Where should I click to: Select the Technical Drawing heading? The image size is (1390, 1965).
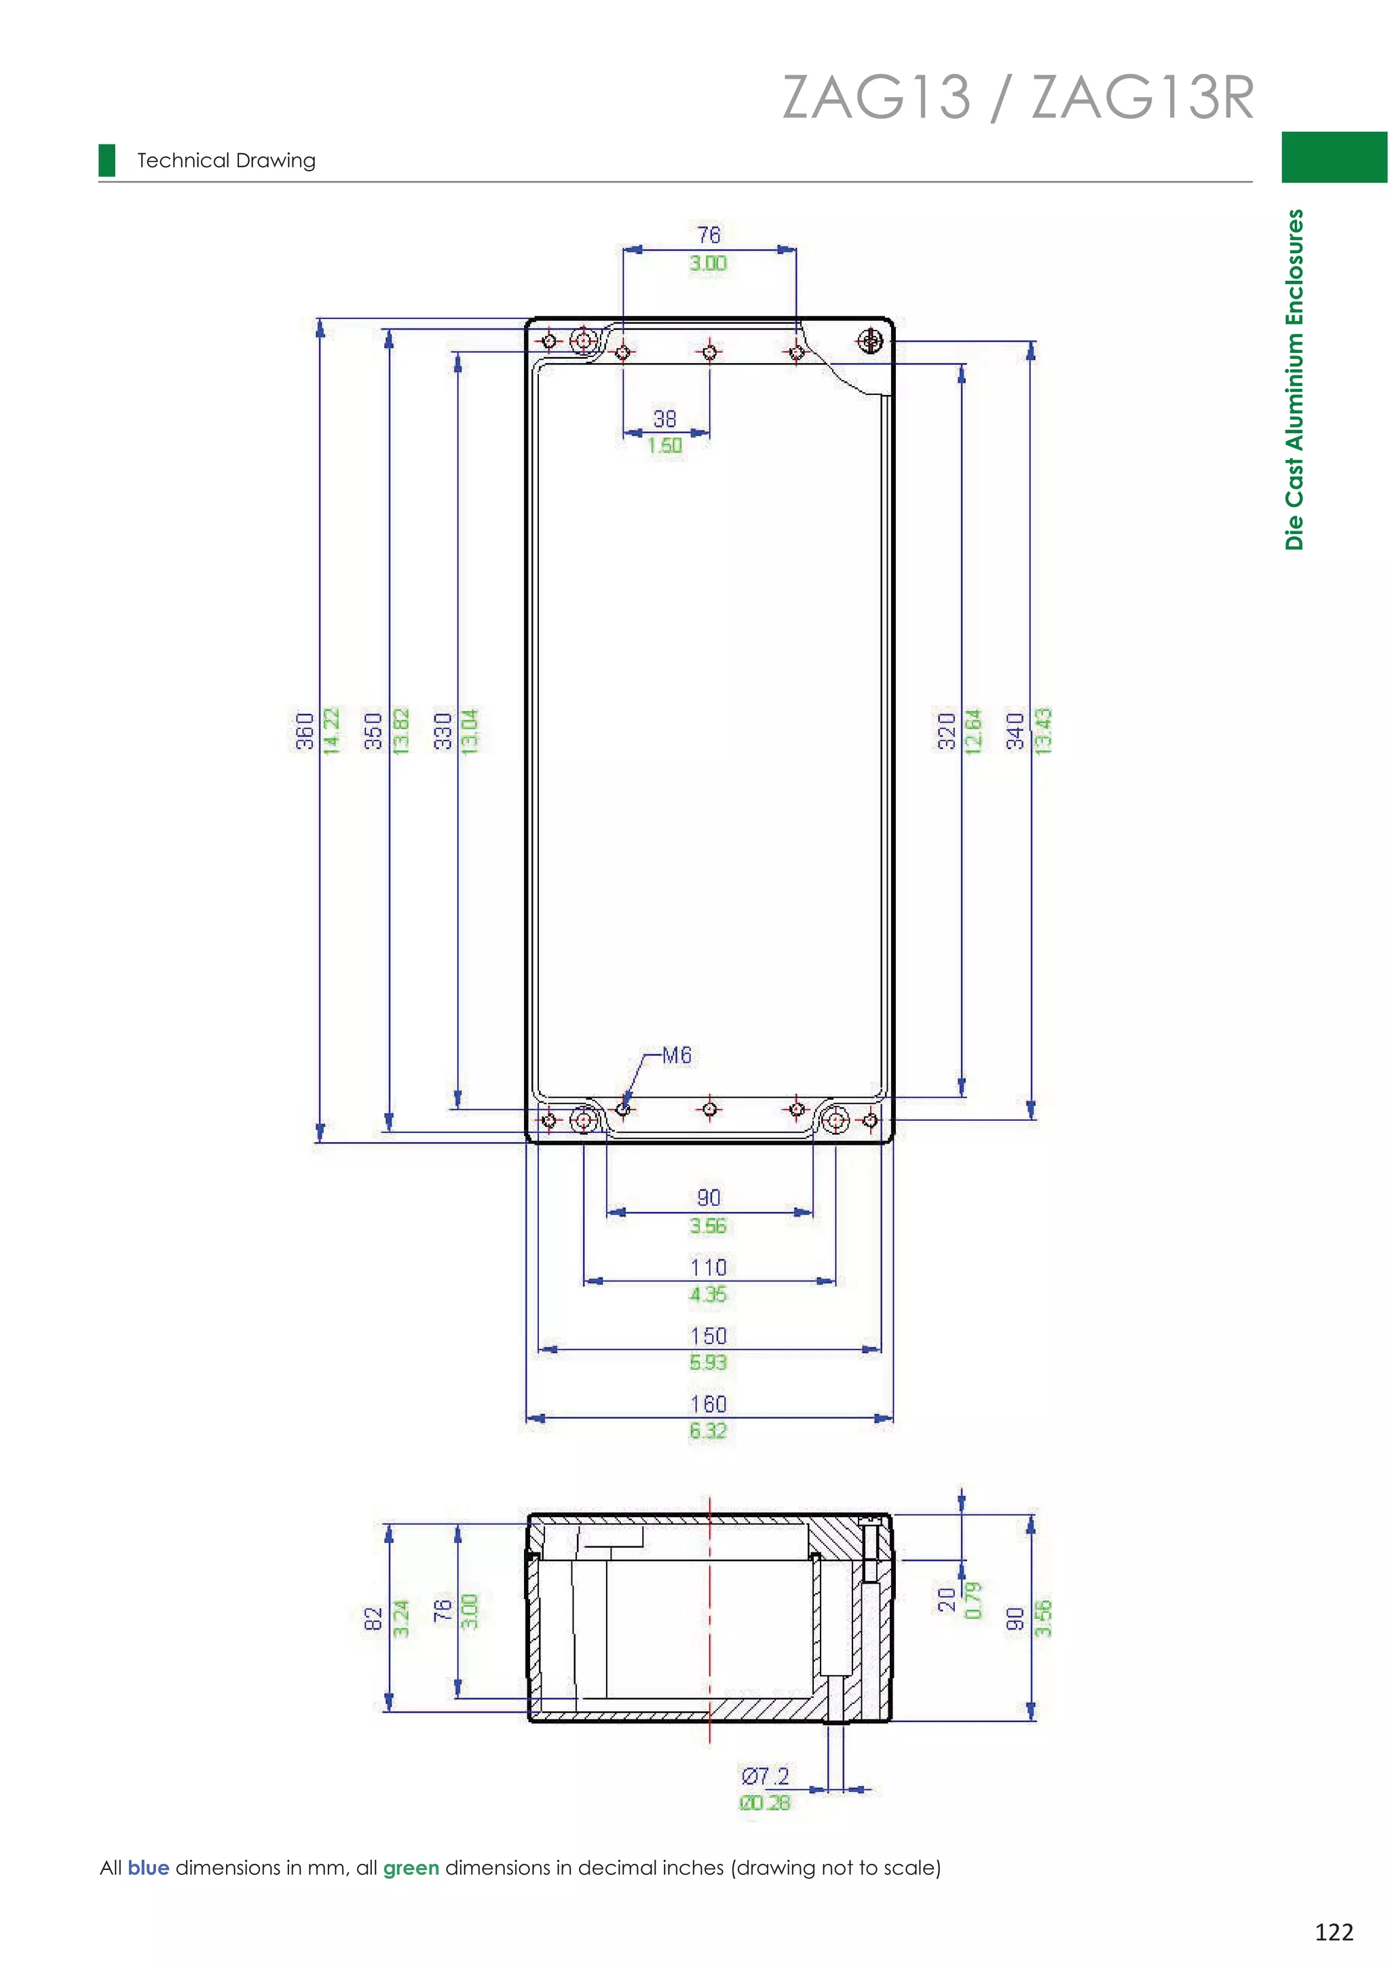[x=226, y=161]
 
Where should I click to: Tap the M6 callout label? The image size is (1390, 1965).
[x=676, y=1055]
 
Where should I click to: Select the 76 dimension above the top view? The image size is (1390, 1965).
[x=709, y=235]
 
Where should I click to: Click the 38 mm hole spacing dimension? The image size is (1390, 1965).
[x=665, y=419]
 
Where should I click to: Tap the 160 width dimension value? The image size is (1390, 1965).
[x=708, y=1404]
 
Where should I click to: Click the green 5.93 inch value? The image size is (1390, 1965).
[x=708, y=1362]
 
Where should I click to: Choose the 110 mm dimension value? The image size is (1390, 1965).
[x=708, y=1267]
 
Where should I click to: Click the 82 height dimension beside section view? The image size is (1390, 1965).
[x=373, y=1618]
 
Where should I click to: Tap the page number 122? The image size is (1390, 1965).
[x=1334, y=1932]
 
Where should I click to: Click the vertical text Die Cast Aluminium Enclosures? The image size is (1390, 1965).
[x=1294, y=379]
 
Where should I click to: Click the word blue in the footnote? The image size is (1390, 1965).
[x=148, y=1867]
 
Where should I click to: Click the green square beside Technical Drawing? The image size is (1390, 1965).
[x=107, y=160]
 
